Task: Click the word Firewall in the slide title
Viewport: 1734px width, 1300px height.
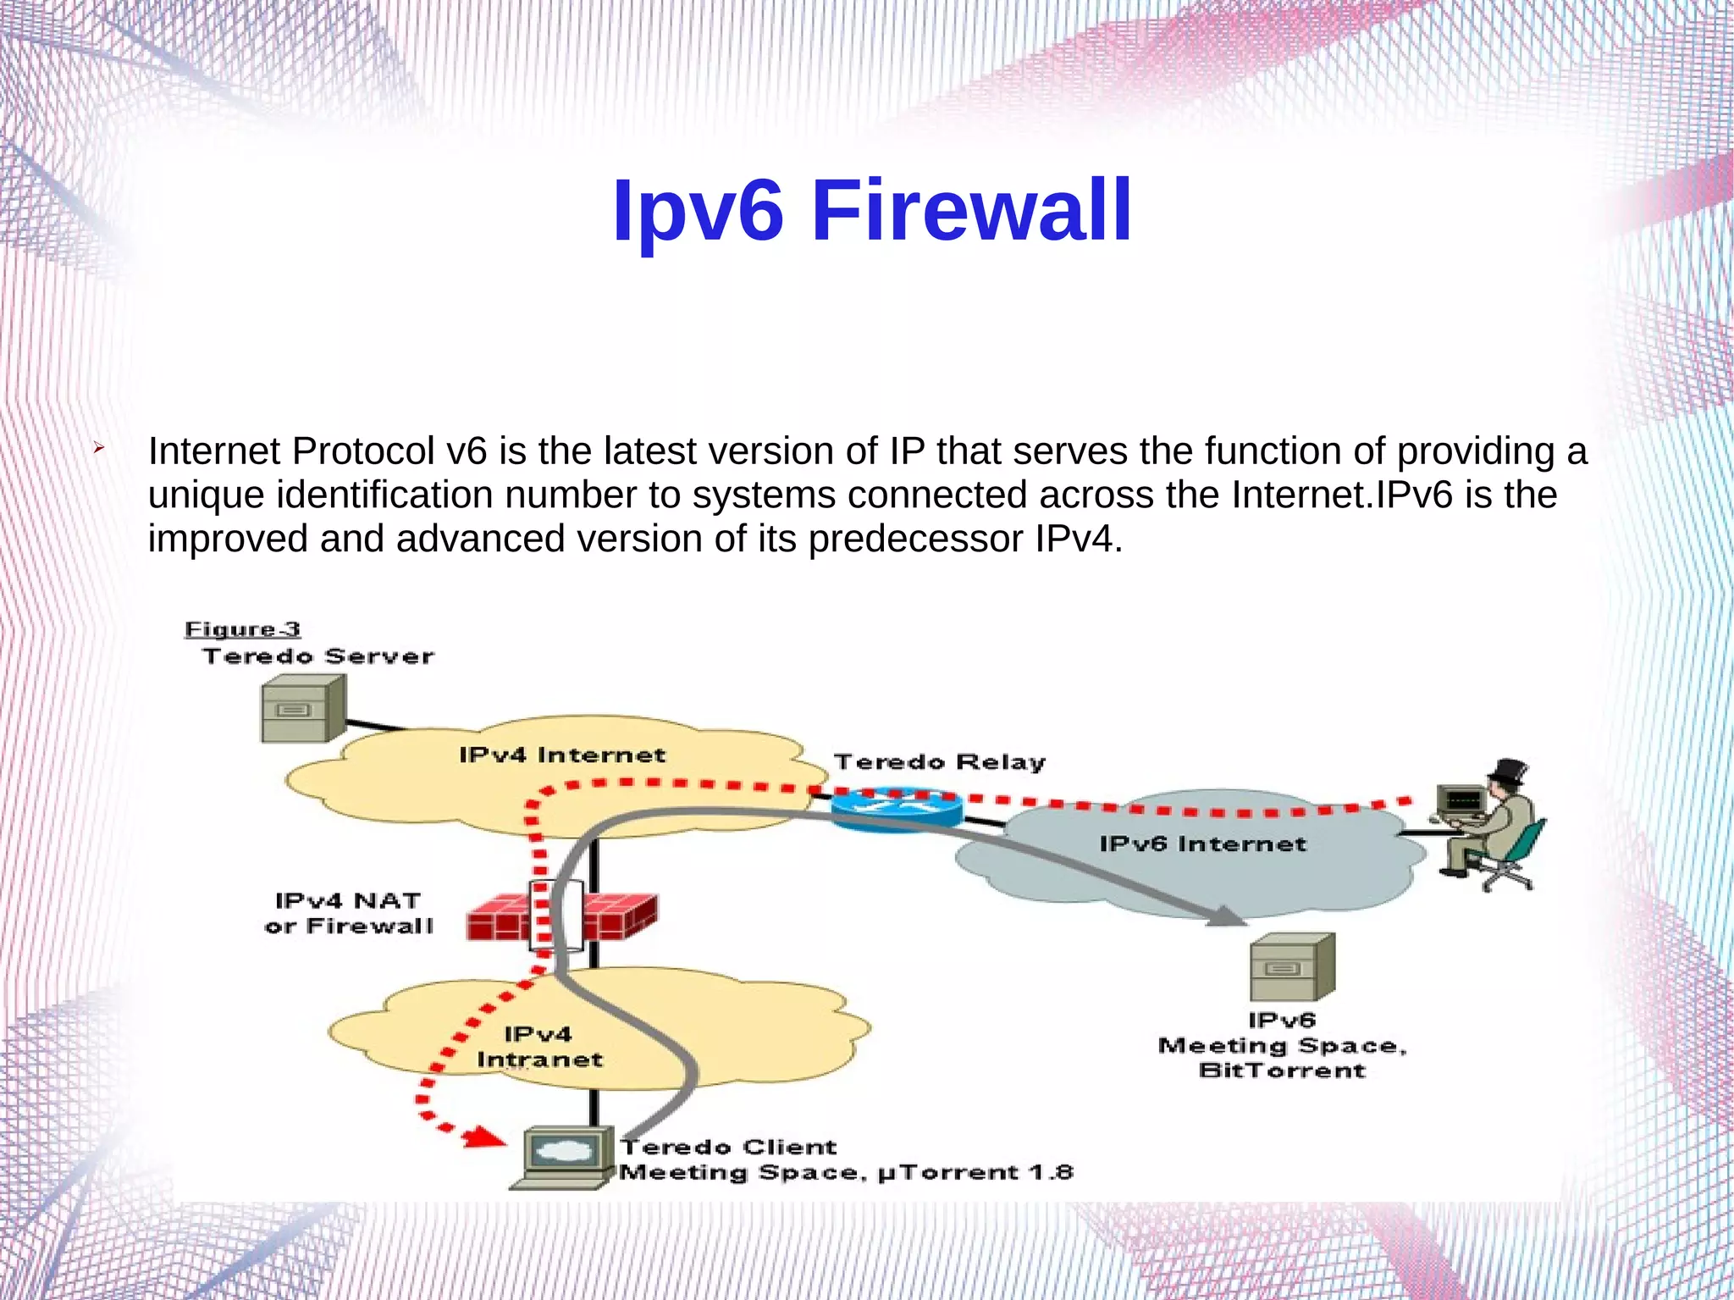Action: click(971, 210)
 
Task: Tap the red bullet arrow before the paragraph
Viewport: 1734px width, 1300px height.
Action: click(98, 446)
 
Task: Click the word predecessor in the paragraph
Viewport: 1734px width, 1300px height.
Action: click(916, 539)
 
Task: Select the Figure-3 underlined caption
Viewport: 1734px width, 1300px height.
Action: click(242, 629)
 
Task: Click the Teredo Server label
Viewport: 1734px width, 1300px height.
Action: click(318, 656)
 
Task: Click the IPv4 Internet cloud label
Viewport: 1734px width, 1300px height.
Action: click(562, 755)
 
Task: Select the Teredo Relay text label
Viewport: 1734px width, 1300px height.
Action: click(939, 762)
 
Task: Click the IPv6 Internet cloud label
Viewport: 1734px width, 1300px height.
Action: click(1202, 844)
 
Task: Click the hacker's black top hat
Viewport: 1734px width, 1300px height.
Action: click(1508, 772)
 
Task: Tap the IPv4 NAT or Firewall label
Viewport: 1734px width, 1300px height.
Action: click(348, 913)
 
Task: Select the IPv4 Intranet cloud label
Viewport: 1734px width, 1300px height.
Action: click(539, 1047)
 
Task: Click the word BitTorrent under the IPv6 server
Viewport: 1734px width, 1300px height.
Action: click(1282, 1070)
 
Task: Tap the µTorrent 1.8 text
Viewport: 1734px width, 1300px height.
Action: click(975, 1173)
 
